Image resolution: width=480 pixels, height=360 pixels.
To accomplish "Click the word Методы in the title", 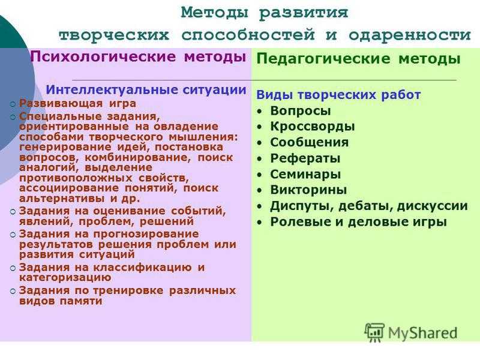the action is click(214, 13).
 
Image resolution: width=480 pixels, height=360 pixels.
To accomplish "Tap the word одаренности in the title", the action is click(410, 35).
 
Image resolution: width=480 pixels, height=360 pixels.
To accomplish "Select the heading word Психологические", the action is click(103, 56).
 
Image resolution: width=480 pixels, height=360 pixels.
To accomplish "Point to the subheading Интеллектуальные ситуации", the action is click(146, 89).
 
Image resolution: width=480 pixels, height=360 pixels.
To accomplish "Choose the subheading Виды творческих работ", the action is click(338, 95).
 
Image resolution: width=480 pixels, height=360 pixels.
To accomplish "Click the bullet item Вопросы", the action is click(301, 111).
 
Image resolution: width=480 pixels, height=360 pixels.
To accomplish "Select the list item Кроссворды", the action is click(312, 127).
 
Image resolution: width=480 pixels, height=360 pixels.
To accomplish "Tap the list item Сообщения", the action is click(309, 142).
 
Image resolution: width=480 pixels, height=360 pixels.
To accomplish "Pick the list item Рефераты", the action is click(305, 158).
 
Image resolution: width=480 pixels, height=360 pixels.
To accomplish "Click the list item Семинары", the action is click(305, 174).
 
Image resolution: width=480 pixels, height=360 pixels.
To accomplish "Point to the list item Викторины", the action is click(308, 190).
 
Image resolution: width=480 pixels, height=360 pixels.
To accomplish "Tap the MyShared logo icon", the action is click(374, 332).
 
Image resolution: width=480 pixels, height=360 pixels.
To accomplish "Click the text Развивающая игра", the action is click(77, 103).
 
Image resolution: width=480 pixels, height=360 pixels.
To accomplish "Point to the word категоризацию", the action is click(65, 278).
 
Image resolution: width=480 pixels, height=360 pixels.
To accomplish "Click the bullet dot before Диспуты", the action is click(260, 206).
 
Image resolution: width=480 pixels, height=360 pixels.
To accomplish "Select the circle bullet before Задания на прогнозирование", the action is click(13, 235).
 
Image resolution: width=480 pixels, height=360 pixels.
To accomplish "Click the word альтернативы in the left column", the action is click(63, 198).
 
